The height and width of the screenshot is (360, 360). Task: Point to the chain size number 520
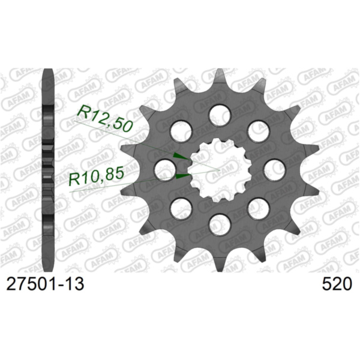pos(337,284)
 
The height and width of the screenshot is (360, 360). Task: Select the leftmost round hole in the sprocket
pos(164,169)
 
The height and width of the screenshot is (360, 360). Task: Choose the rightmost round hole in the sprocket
pos(274,169)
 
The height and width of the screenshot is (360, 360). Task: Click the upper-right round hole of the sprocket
pos(257,130)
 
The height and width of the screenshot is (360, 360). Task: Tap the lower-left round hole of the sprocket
pos(180,208)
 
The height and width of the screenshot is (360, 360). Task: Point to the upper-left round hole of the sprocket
pos(180,130)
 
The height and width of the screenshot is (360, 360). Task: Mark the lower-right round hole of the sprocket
pos(257,208)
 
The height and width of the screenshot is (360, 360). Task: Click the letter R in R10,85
pos(75,176)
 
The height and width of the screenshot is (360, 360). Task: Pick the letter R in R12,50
pos(84,112)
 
